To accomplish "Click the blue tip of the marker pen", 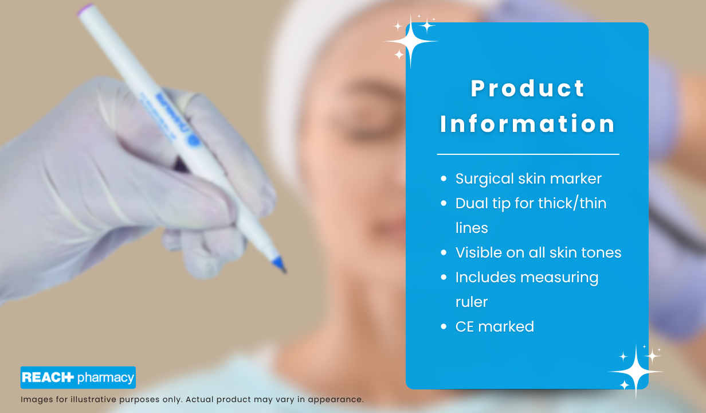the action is (x=279, y=264).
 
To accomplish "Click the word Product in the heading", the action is (x=528, y=88).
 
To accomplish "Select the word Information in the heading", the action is (x=528, y=124).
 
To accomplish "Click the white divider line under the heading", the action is (x=528, y=154).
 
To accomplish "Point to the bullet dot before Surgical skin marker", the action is (x=444, y=178).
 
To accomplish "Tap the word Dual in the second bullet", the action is (x=472, y=203).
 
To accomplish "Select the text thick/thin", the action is (x=572, y=203).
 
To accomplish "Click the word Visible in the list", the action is (x=478, y=252).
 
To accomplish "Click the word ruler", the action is (x=472, y=302).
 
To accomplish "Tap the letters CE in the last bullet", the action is (x=465, y=326).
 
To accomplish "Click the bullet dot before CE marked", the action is (x=444, y=326).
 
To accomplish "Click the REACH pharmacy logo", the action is (x=78, y=377).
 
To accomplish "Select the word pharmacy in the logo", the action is (x=106, y=378).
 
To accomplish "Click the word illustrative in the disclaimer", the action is (x=93, y=399).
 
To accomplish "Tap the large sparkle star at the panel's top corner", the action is (x=410, y=41).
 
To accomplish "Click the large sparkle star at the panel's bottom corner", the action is (x=636, y=372).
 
